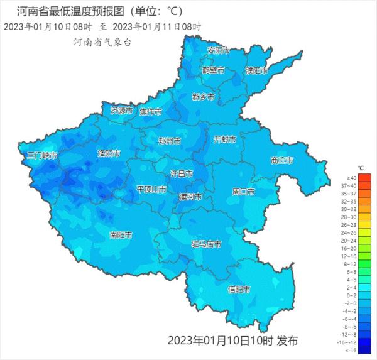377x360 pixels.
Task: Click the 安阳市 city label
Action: coord(219,50)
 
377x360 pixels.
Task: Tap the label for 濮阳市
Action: coord(257,70)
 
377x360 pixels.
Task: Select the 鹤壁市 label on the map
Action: coord(213,70)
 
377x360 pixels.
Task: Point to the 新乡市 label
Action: coord(204,97)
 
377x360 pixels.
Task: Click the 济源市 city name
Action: coord(122,110)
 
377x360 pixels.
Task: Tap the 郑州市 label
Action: coord(170,141)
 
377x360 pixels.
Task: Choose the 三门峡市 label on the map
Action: coord(42,155)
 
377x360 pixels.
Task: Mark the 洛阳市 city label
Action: coord(109,153)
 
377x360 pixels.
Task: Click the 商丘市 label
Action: coord(281,160)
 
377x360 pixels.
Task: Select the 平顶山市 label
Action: coord(151,189)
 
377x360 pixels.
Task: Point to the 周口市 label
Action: coord(243,191)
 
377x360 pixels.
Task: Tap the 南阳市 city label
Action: coord(121,236)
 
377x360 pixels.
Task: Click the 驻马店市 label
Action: coord(206,244)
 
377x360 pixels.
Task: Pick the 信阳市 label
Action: coord(239,290)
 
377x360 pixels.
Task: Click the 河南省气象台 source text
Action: coord(102,43)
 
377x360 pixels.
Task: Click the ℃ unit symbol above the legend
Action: coord(361,168)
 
